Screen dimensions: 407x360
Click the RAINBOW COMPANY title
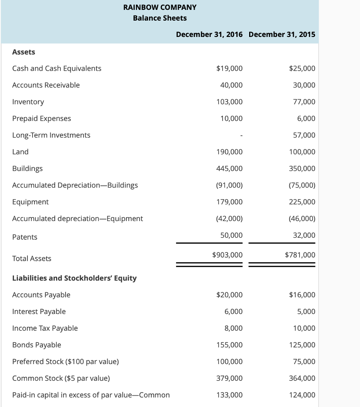tap(160, 7)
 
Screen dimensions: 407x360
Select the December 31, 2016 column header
tap(209, 34)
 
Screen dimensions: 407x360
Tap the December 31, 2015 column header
tap(282, 34)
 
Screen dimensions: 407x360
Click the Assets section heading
tap(24, 52)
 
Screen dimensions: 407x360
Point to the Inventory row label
tap(28, 102)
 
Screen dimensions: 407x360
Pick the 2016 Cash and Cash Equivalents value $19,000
tap(229, 68)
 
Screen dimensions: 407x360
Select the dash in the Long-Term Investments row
tap(241, 136)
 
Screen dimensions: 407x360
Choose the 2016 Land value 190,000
tap(229, 152)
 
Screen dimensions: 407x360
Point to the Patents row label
tap(25, 237)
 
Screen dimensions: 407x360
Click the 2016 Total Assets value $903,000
tap(227, 255)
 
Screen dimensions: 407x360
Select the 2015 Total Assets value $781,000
tap(300, 255)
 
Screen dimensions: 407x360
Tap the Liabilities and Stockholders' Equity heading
tap(74, 278)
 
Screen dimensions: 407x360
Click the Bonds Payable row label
tap(37, 345)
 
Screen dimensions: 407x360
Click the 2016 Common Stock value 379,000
tap(229, 378)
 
